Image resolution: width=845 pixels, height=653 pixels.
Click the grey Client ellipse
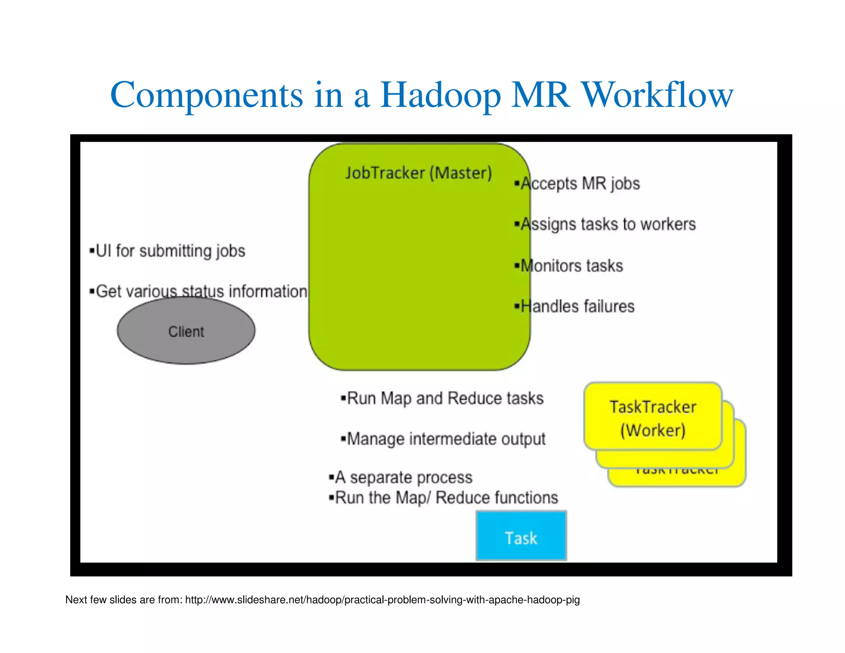coord(186,331)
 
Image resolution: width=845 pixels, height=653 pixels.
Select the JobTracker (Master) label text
coord(418,173)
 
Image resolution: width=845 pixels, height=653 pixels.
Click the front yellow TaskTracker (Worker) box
coord(653,417)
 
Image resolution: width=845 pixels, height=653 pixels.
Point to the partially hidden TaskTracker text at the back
coord(677,471)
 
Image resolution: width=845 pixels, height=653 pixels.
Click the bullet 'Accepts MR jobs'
coord(578,184)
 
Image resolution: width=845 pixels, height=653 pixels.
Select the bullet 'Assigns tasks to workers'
coord(606,224)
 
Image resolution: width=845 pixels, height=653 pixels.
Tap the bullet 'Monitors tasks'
coord(569,266)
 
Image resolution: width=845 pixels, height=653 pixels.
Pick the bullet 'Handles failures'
coord(575,307)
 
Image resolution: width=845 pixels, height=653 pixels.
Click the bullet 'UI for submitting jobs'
coord(168,251)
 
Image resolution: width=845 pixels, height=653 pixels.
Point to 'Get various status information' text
coord(199,291)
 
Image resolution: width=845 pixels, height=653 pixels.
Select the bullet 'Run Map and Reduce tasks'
coord(442,398)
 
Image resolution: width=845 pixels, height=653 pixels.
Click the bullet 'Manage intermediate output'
coord(443,439)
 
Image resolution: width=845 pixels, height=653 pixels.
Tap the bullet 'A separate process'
coord(401,478)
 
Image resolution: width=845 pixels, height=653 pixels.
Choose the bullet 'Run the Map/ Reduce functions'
coord(444,498)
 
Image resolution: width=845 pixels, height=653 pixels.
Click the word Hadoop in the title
coord(440,96)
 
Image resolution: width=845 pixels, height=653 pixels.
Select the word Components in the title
coord(207,96)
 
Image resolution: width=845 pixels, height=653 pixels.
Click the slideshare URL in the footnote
coord(382,600)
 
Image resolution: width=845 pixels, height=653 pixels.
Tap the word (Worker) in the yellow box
coord(653,431)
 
